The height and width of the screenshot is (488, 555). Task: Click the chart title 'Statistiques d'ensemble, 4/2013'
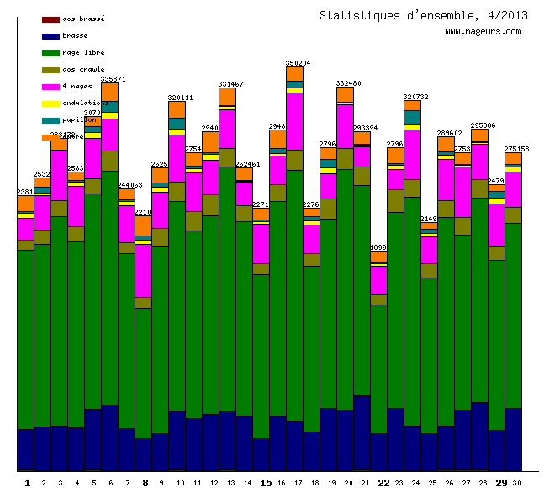click(x=424, y=15)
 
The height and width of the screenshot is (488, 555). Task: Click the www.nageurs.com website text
click(x=483, y=32)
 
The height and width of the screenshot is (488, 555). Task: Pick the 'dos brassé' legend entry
click(x=83, y=19)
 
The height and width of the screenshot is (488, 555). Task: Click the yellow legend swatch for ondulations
click(x=50, y=103)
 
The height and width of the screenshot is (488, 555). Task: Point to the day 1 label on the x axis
click(x=27, y=482)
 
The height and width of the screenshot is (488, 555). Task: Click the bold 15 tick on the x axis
click(x=265, y=482)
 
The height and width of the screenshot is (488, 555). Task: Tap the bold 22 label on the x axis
click(x=383, y=482)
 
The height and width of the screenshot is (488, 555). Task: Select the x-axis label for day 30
click(x=516, y=482)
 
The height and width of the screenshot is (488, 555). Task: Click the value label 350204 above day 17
click(x=298, y=63)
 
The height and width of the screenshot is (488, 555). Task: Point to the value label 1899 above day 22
click(x=378, y=247)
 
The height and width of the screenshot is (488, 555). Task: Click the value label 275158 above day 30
click(x=516, y=149)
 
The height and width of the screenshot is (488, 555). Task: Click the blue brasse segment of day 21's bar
click(x=362, y=432)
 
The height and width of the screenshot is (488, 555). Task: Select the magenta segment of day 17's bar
click(x=294, y=120)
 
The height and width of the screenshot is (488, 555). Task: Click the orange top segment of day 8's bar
click(x=143, y=225)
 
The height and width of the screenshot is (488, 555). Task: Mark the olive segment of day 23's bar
click(x=395, y=201)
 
